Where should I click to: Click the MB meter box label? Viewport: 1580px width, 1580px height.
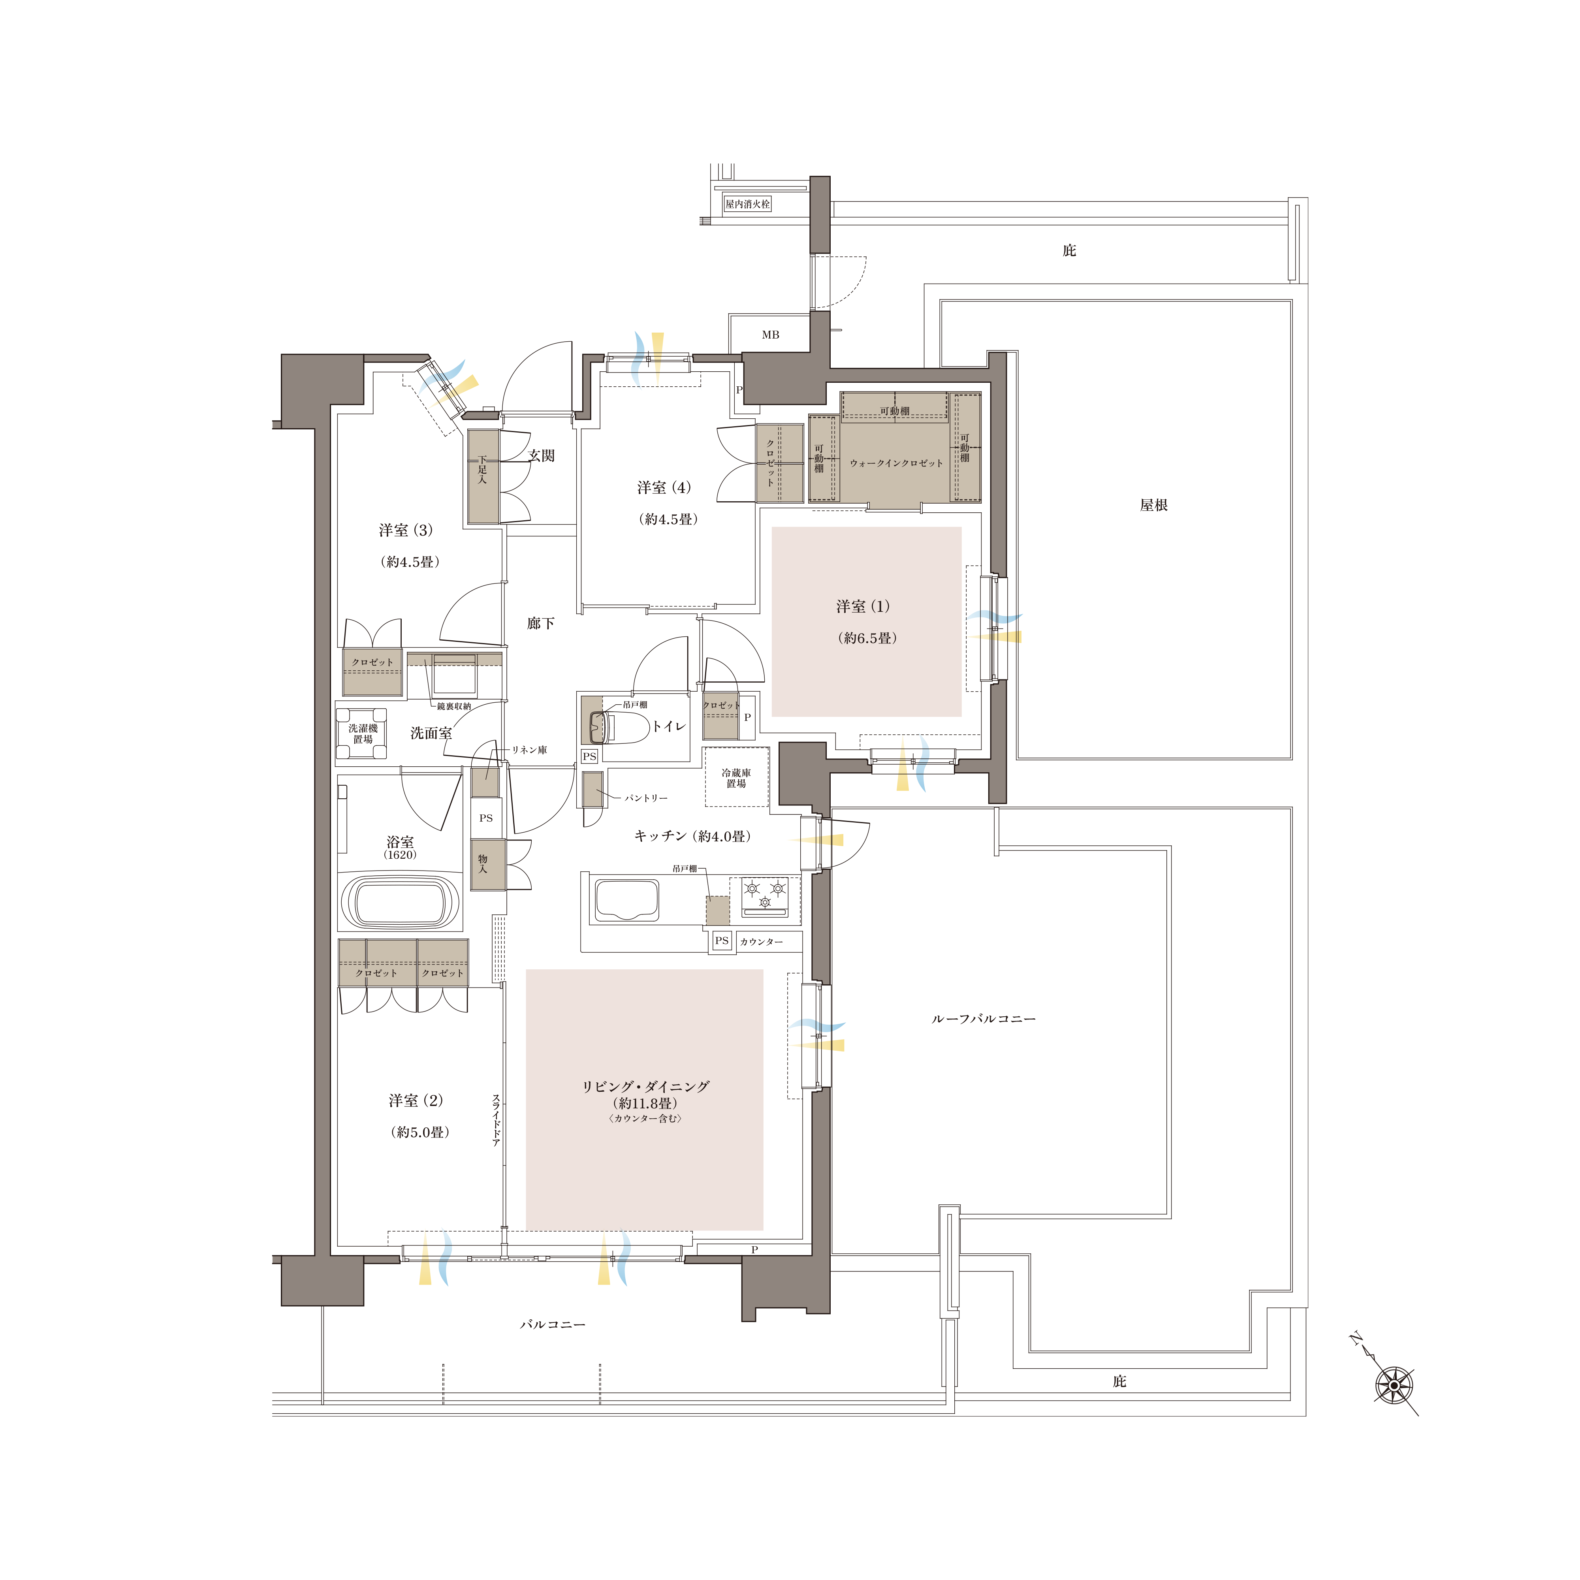point(770,335)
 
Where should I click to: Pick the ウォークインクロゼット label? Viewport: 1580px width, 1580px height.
point(896,463)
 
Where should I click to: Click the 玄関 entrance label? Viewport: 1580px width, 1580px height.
point(542,455)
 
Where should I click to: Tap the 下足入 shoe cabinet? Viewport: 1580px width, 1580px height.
point(483,477)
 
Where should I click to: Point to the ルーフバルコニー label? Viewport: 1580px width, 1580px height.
point(984,1019)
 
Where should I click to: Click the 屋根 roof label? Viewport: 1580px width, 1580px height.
point(1154,506)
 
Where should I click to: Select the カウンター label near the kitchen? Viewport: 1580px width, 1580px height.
point(762,942)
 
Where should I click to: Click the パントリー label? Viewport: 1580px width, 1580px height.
point(646,798)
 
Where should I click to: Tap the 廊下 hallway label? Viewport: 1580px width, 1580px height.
point(541,623)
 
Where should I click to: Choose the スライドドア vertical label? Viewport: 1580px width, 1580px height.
point(496,1120)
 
